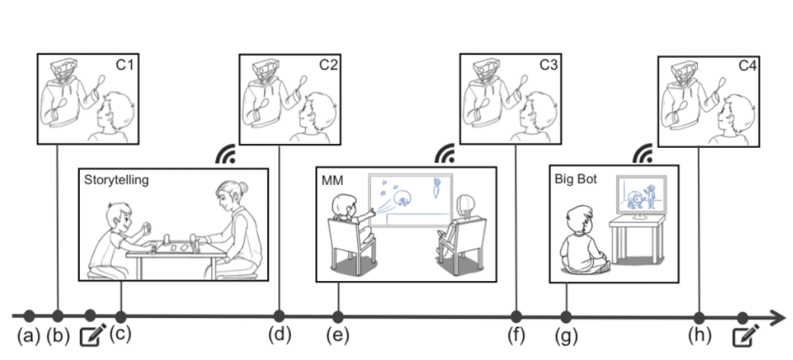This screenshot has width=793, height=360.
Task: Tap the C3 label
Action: [x=548, y=67]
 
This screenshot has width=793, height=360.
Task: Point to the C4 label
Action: [x=747, y=67]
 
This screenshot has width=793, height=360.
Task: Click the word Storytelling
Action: [x=116, y=180]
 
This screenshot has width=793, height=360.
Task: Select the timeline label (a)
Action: [x=29, y=336]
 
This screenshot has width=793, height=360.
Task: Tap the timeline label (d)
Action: [x=279, y=336]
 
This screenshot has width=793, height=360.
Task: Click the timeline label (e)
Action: [x=338, y=336]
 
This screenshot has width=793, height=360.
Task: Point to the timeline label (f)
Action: [x=516, y=336]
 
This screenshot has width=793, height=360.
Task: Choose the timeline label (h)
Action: [x=699, y=336]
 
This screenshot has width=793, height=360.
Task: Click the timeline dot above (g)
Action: [x=566, y=317]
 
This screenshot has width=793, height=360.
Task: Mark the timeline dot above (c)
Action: [x=121, y=317]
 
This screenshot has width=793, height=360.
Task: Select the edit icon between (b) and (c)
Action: [x=92, y=335]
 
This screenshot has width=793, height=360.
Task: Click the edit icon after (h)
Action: [x=746, y=335]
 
